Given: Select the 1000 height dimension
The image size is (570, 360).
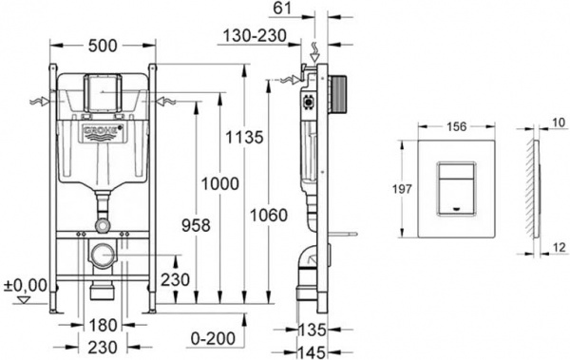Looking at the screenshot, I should click(x=221, y=184).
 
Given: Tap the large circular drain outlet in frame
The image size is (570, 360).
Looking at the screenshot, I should click(x=101, y=255).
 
